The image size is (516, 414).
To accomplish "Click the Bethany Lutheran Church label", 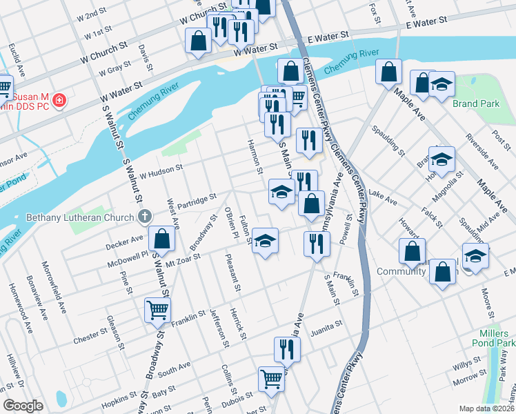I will tap(79, 218).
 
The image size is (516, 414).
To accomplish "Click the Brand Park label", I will tap(475, 104).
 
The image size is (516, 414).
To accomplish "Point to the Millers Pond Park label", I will tap(497, 337).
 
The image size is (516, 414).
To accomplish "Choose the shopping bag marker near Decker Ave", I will tap(161, 239).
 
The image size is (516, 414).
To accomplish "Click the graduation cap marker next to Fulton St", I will tap(265, 241).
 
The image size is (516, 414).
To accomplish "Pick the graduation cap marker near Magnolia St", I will tap(441, 159).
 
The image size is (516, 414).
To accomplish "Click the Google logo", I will tap(23, 406).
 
